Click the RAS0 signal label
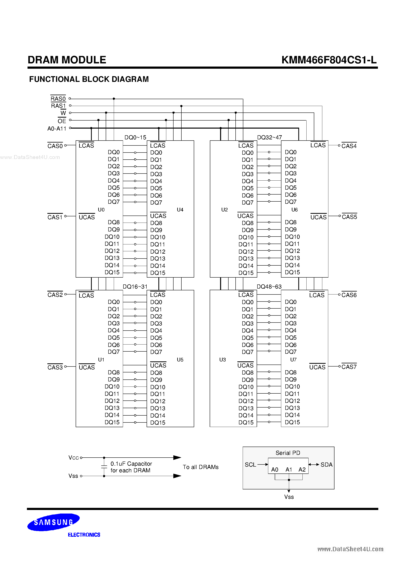[x=58, y=99]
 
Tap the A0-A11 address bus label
[x=57, y=129]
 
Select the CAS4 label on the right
[x=349, y=146]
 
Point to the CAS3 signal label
[x=55, y=367]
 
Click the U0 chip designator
[x=101, y=210]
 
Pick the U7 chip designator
[x=293, y=359]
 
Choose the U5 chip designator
[x=180, y=359]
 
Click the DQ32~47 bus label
[x=269, y=137]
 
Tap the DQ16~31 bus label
[x=135, y=286]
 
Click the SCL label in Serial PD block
[x=250, y=464]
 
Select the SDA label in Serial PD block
[x=326, y=464]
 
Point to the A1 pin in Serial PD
[x=289, y=470]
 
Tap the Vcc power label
[x=73, y=458]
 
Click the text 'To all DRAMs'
[x=200, y=467]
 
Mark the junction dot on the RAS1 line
[x=181, y=106]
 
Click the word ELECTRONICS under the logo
[x=84, y=535]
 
